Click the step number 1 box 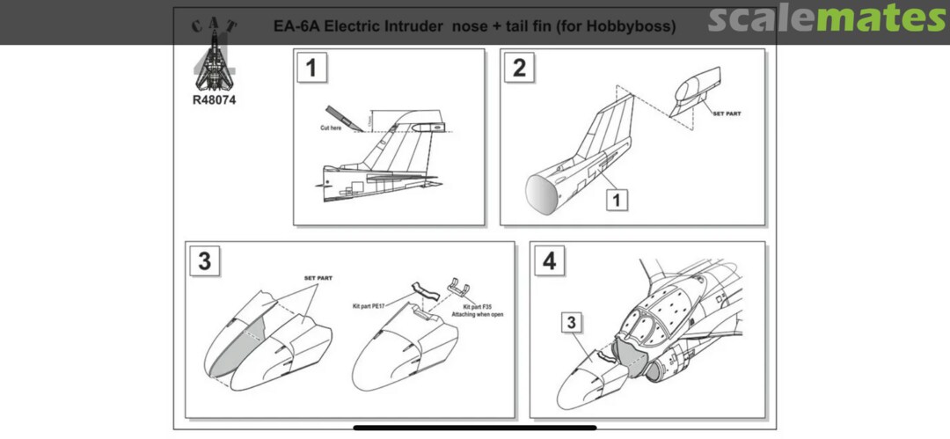(x=311, y=68)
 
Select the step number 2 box (x=519, y=68)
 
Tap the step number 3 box (x=205, y=261)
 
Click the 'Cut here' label (x=331, y=128)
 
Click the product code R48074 (x=214, y=99)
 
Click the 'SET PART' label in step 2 (x=726, y=114)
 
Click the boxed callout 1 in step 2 (x=617, y=201)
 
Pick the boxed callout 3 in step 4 (x=573, y=324)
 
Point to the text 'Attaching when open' (x=477, y=314)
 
